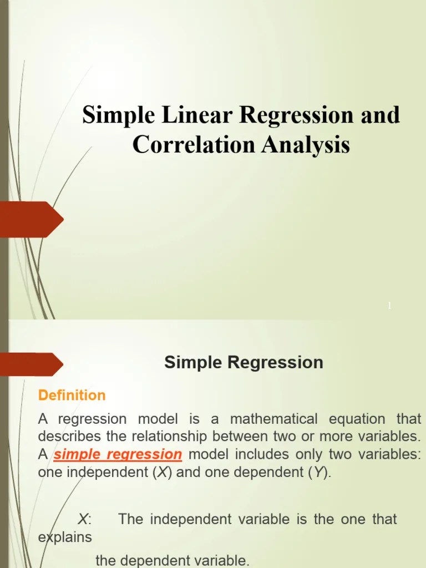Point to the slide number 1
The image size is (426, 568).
pyautogui.click(x=389, y=306)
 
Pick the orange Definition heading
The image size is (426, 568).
pyautogui.click(x=71, y=395)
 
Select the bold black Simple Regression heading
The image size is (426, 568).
pyautogui.click(x=244, y=363)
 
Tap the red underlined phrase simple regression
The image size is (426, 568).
pyautogui.click(x=118, y=455)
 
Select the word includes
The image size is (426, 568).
pyautogui.click(x=259, y=455)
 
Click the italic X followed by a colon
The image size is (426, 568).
pyautogui.click(x=84, y=519)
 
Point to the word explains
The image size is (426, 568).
pyautogui.click(x=65, y=537)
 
